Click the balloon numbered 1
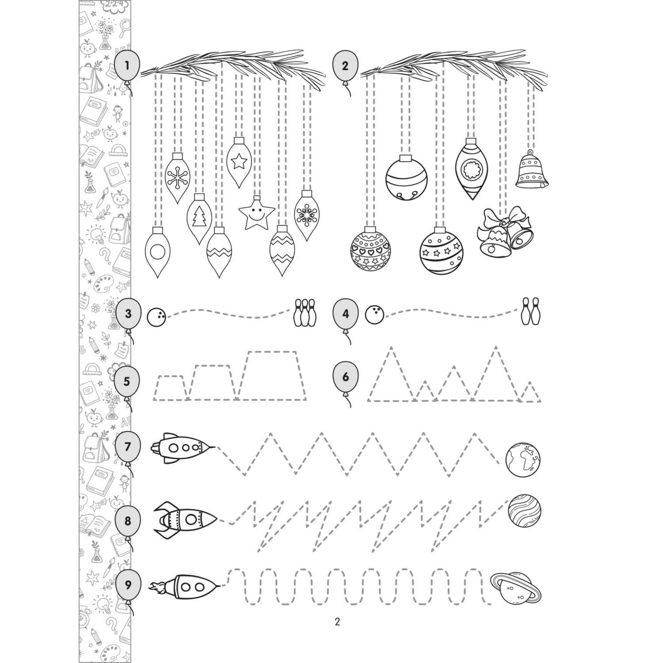[x=127, y=67]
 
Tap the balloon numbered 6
[x=345, y=377]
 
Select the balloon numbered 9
[x=128, y=586]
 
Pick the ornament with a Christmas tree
[x=200, y=218]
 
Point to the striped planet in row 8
[x=525, y=511]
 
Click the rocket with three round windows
[x=183, y=448]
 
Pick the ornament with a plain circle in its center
[x=157, y=252]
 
